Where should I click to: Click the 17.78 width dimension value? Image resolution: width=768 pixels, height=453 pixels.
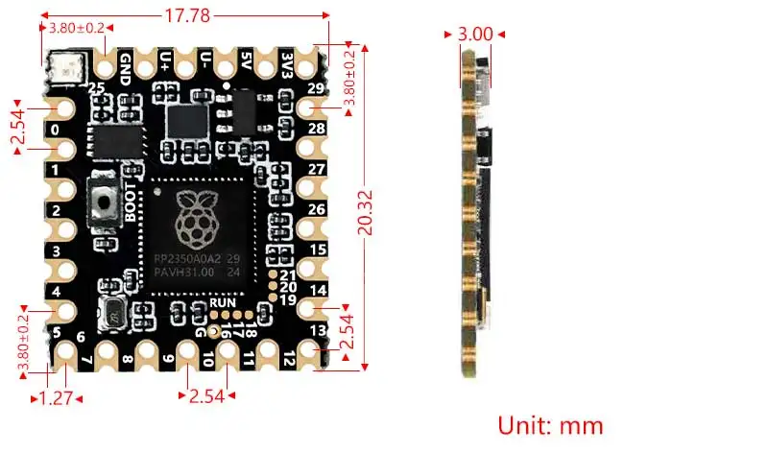(187, 15)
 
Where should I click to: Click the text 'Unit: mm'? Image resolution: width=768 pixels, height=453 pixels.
(550, 423)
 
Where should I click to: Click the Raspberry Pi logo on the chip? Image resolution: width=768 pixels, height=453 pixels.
(196, 218)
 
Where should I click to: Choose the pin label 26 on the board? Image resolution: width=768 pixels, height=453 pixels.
(317, 209)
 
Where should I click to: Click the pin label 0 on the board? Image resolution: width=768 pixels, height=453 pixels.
(56, 129)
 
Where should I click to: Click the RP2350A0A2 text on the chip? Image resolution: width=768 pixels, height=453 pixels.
(187, 258)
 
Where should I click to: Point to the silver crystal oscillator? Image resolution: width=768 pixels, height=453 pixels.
(114, 315)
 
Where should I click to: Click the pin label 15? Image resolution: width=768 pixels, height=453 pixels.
(318, 250)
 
